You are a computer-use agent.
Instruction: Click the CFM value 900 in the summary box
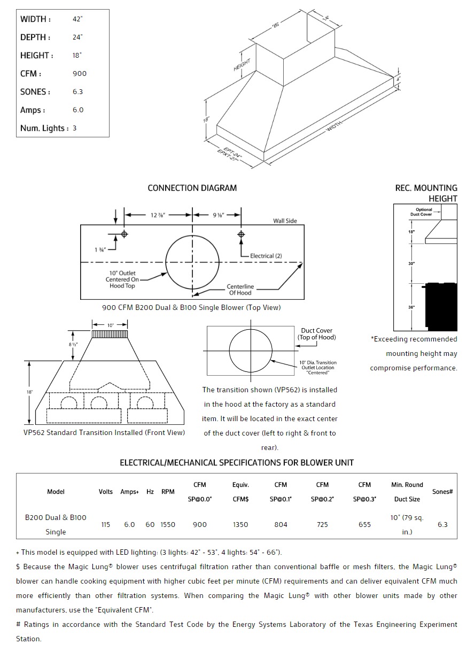click(x=79, y=74)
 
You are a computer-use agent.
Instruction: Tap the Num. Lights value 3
click(x=75, y=128)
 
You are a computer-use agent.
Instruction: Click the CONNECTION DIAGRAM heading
click(x=192, y=188)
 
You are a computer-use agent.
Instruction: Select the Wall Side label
click(x=285, y=221)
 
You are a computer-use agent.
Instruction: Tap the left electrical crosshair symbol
click(x=125, y=234)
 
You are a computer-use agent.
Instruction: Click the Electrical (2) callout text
click(x=266, y=256)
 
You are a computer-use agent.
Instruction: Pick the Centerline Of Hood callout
click(x=240, y=290)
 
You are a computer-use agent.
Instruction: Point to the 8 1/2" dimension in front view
click(x=73, y=345)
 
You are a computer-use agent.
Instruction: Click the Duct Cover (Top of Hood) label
click(x=316, y=334)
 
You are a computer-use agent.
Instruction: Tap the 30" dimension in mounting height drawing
click(x=412, y=263)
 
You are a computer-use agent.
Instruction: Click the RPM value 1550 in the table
click(x=168, y=525)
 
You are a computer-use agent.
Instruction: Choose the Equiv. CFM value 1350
click(x=240, y=525)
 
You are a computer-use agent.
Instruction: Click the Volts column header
click(x=106, y=492)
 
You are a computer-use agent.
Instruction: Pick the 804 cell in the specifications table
click(x=281, y=525)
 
